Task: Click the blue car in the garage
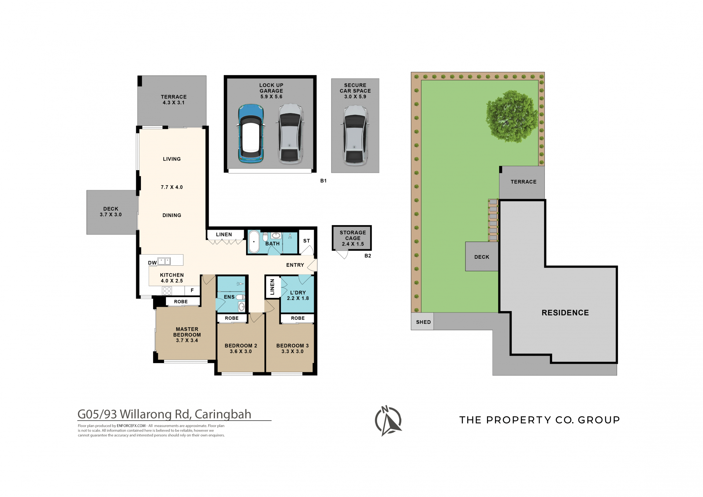[x=251, y=134]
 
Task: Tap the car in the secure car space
[x=355, y=135]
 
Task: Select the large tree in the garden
[x=512, y=117]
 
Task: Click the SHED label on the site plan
[x=423, y=322]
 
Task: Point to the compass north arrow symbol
[x=388, y=421]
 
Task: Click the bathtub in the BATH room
[x=254, y=242]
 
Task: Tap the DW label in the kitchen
[x=152, y=263]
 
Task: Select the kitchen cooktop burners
[x=167, y=291]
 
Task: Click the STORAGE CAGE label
[x=353, y=235]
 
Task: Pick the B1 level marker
[x=323, y=181]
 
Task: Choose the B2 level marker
[x=368, y=256]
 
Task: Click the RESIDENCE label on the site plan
[x=565, y=313]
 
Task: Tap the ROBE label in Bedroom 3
[x=298, y=318]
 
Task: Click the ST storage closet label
[x=306, y=241]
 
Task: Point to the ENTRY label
[x=295, y=265]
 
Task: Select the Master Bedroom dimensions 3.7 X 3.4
[x=187, y=340]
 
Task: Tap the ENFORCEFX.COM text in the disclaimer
[x=131, y=426]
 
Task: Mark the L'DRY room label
[x=298, y=293]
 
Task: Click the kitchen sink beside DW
[x=164, y=261]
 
